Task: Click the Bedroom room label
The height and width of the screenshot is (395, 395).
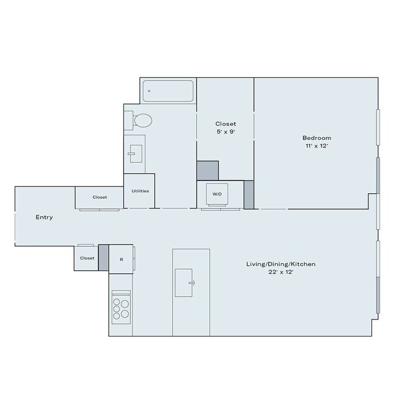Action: click(317, 138)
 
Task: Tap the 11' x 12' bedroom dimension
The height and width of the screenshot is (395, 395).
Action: click(317, 146)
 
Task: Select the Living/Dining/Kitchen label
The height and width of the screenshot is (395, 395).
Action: click(281, 264)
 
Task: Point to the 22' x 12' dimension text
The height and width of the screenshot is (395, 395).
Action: click(281, 272)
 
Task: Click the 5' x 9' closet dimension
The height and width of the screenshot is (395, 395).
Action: click(225, 131)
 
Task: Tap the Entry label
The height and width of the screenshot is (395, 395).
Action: click(44, 217)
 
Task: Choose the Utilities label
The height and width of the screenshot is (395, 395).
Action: click(140, 191)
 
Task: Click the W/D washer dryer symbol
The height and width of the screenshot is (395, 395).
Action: click(217, 194)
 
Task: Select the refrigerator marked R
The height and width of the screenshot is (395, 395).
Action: click(121, 259)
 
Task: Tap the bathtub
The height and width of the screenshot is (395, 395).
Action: click(168, 91)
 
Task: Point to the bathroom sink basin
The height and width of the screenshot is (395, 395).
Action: click(136, 154)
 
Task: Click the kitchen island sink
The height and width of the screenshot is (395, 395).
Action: click(184, 283)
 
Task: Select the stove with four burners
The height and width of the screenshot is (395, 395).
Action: click(121, 307)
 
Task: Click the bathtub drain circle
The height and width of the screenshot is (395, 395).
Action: click(149, 91)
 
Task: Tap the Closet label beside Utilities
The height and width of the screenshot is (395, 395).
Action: click(100, 197)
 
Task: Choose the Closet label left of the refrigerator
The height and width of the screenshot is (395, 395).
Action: click(87, 258)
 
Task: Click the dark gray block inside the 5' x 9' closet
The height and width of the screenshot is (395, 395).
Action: click(208, 171)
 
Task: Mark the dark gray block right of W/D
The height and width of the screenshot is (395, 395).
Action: click(249, 194)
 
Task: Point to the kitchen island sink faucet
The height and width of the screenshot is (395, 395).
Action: click(192, 283)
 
